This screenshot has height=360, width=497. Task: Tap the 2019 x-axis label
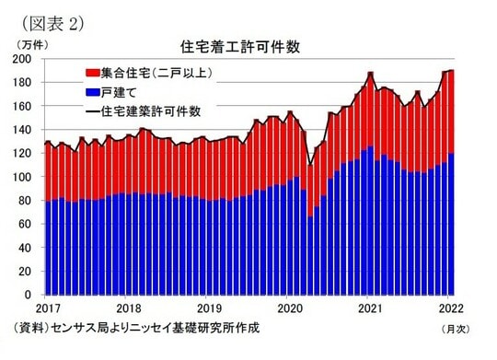click(211, 308)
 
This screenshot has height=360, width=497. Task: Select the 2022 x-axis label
click(451, 308)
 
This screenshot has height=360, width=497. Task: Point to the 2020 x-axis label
click(291, 308)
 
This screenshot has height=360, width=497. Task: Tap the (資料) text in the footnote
click(28, 328)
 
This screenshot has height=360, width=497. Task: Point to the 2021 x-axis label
click(371, 308)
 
